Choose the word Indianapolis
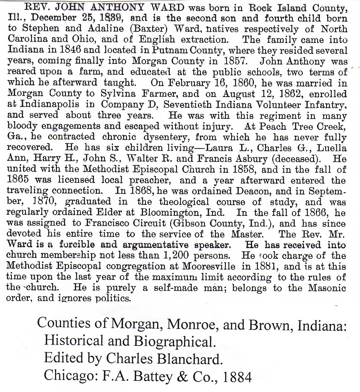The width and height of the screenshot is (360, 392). (50, 104)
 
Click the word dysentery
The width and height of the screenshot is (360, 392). (167, 137)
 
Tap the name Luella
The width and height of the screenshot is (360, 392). (332, 148)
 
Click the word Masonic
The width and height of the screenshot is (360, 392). (327, 288)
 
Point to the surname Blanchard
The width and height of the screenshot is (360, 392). (190, 359)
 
